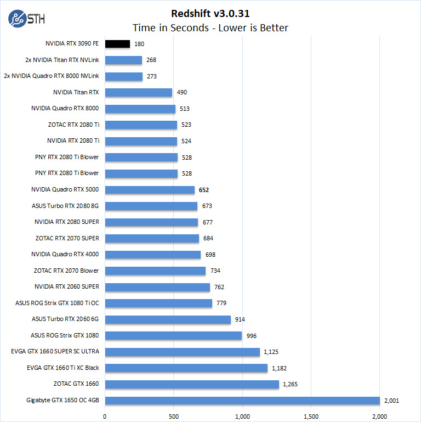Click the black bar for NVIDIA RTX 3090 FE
point(117,44)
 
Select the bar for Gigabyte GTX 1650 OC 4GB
point(242,400)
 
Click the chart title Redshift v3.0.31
point(210,14)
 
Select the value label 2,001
point(391,400)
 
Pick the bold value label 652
point(204,190)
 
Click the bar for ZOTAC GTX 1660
point(192,384)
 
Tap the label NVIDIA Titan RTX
point(76,92)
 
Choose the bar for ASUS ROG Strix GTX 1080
point(173,335)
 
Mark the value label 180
point(139,44)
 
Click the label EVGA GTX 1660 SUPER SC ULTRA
point(55,351)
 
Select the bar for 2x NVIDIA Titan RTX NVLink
point(123,60)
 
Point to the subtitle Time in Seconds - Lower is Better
point(210,28)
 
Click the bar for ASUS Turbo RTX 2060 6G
point(168,319)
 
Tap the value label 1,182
point(280,368)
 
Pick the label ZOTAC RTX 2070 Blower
point(66,271)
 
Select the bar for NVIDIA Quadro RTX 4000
point(153,255)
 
